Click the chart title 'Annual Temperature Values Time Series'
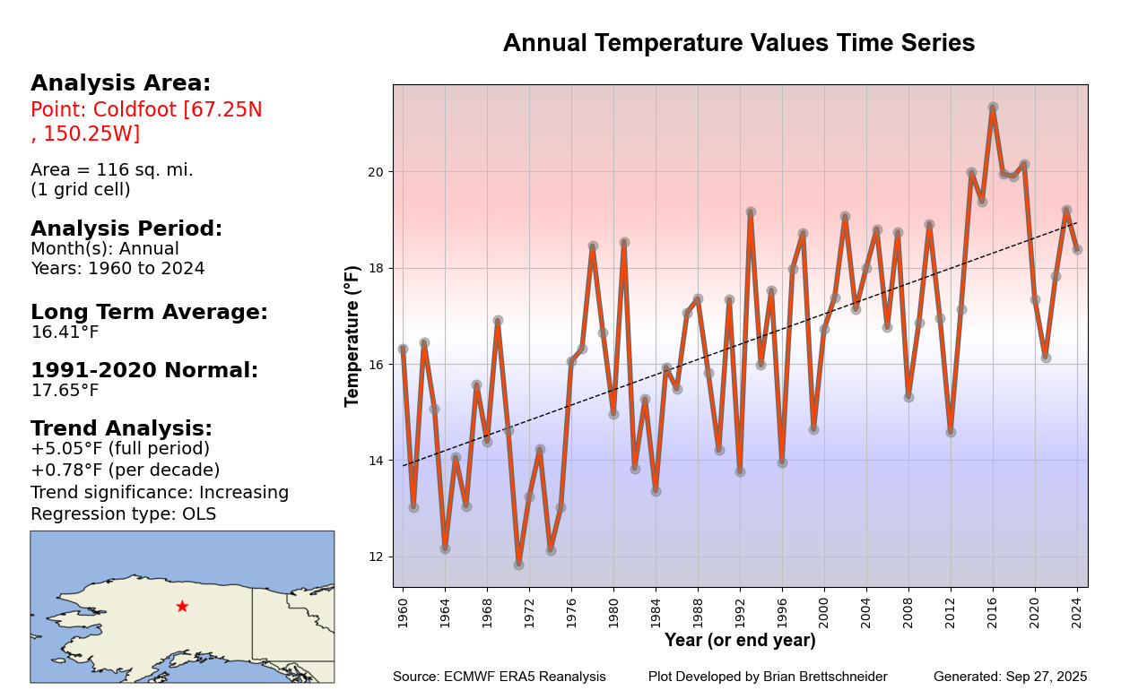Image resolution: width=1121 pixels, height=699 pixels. tap(738, 44)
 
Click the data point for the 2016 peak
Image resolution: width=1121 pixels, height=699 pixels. tap(993, 108)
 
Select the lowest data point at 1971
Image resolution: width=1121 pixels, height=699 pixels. tap(518, 565)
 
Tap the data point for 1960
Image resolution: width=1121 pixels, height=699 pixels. tap(403, 349)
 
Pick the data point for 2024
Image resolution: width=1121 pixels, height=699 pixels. tap(1077, 249)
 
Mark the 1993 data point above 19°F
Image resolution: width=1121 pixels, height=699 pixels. tap(751, 211)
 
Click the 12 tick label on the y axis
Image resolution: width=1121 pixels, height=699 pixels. tap(375, 557)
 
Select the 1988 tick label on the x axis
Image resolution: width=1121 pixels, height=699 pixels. tap(698, 610)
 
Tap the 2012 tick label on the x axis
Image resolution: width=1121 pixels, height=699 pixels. tap(951, 610)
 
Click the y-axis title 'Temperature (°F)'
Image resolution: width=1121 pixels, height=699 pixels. tap(352, 336)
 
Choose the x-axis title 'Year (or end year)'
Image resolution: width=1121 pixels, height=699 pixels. tap(740, 641)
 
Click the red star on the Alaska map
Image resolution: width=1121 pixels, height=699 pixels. tap(182, 607)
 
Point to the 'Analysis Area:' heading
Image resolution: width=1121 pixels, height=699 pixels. tap(120, 83)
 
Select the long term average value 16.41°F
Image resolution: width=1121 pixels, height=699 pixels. tap(65, 332)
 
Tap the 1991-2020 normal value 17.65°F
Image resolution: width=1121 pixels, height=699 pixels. tap(65, 391)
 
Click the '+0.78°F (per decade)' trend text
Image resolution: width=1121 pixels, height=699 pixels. tap(125, 470)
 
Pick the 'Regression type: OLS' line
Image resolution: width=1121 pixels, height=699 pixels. tap(123, 514)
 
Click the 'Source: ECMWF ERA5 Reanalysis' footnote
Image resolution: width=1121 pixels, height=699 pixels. tap(499, 677)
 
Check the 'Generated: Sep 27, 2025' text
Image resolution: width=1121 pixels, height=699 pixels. tap(1010, 677)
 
